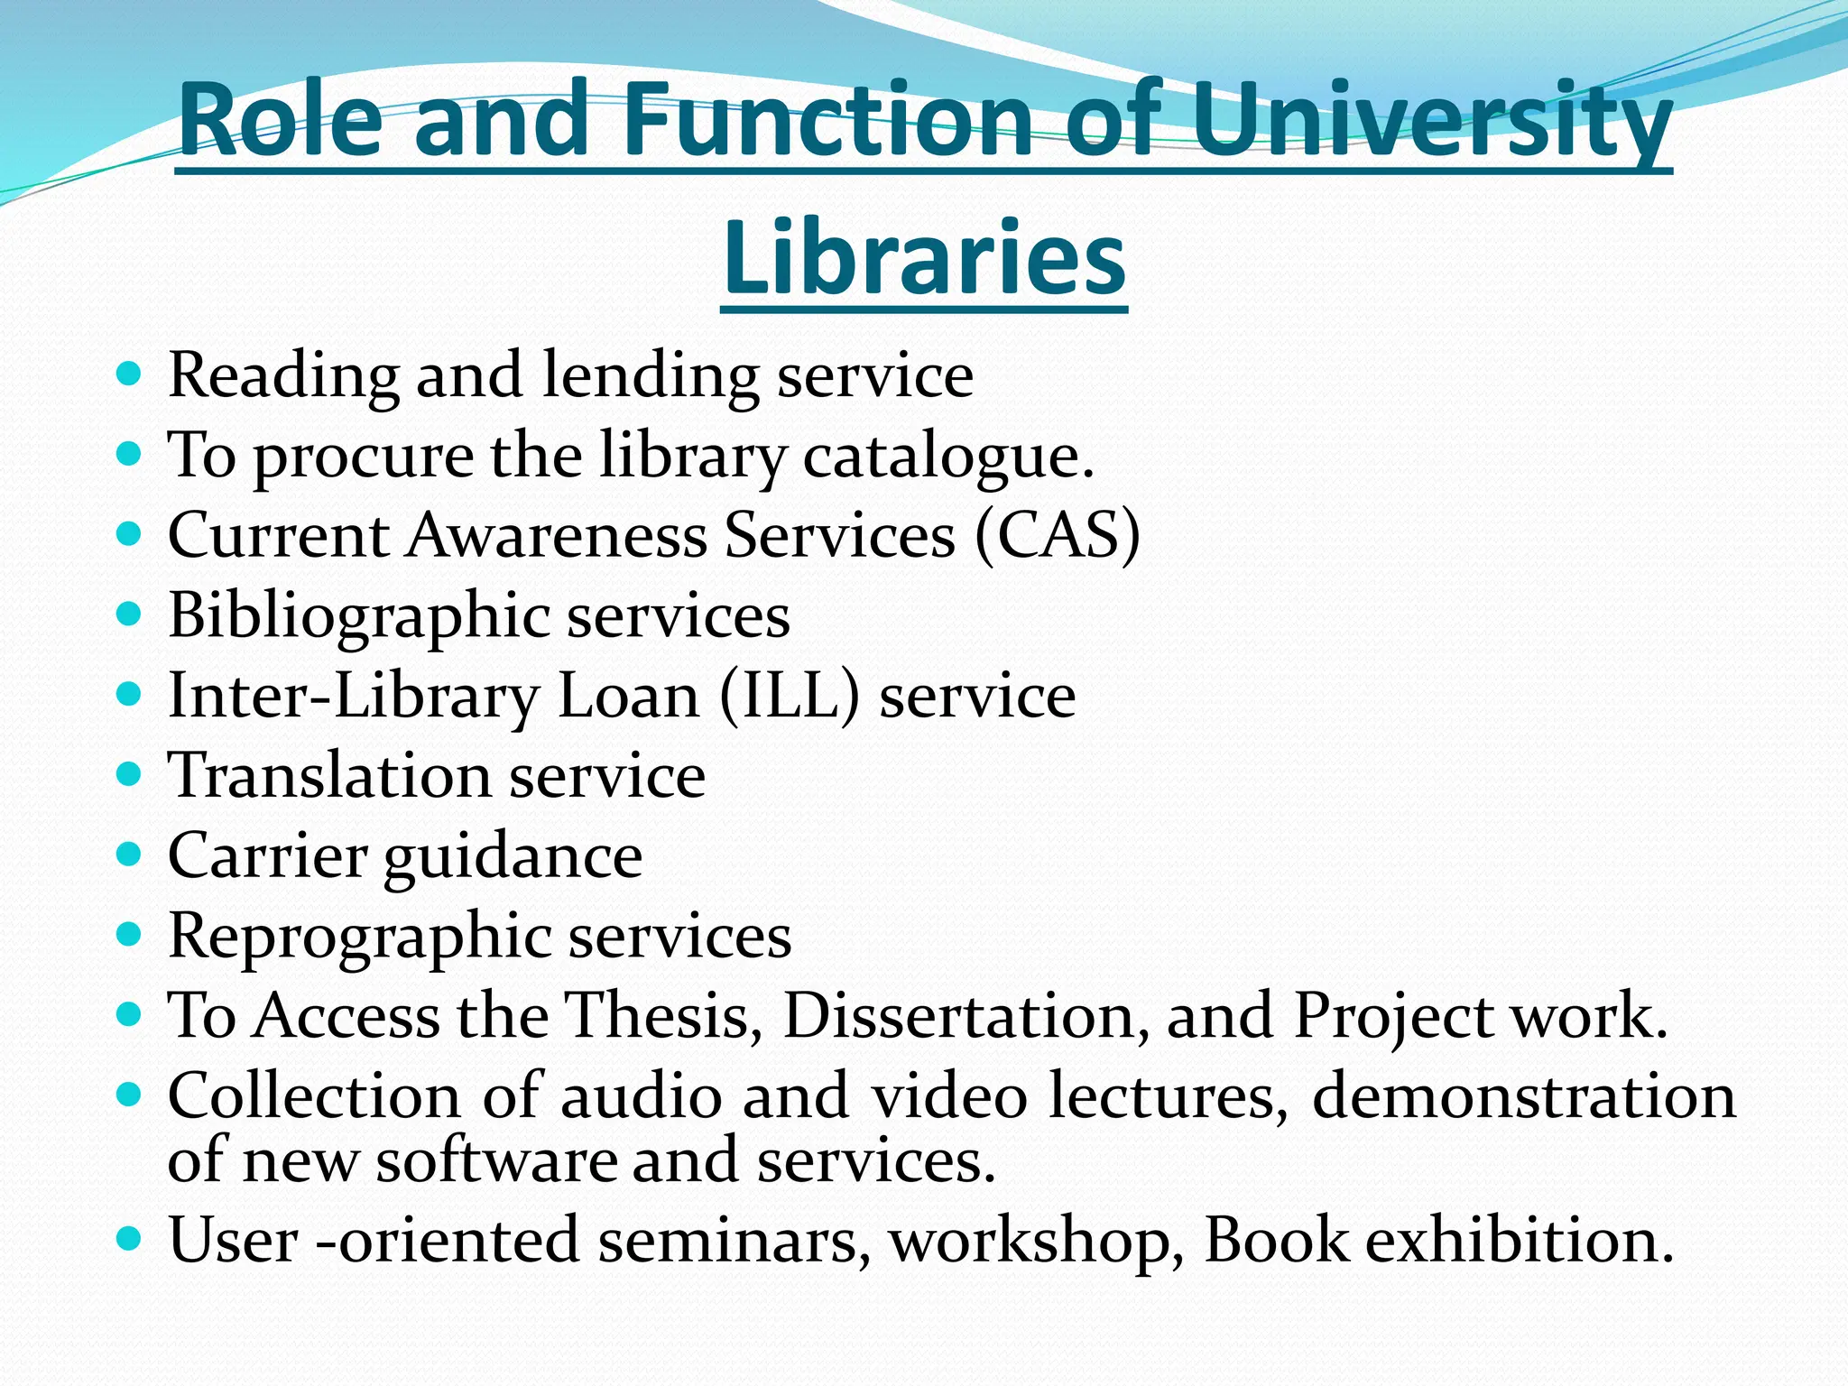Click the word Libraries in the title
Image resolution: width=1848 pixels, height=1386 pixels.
924,260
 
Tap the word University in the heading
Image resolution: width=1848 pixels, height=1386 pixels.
1431,121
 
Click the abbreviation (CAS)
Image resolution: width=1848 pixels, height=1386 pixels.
1058,536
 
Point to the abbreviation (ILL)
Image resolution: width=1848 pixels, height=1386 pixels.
790,697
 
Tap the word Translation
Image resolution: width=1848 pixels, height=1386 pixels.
329,776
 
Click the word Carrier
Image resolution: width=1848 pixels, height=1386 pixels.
268,855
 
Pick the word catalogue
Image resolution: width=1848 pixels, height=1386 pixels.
948,457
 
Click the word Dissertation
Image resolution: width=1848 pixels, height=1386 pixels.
966,1017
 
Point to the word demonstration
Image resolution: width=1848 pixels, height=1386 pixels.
1524,1096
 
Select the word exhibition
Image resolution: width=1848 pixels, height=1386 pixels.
1520,1241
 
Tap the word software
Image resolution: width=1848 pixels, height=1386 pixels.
494,1161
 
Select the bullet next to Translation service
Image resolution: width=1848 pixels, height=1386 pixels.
130,775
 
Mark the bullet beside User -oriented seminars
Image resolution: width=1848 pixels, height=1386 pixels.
130,1238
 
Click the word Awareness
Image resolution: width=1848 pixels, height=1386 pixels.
558,536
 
